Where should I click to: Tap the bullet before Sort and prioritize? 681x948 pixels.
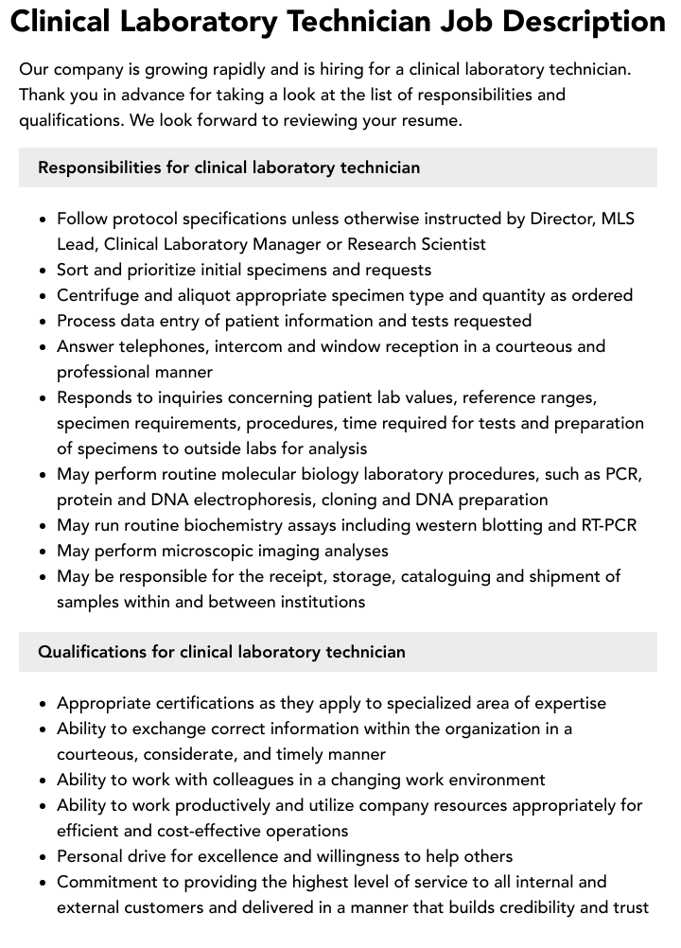[x=43, y=271]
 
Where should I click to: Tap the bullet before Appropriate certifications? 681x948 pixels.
[x=43, y=704]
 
